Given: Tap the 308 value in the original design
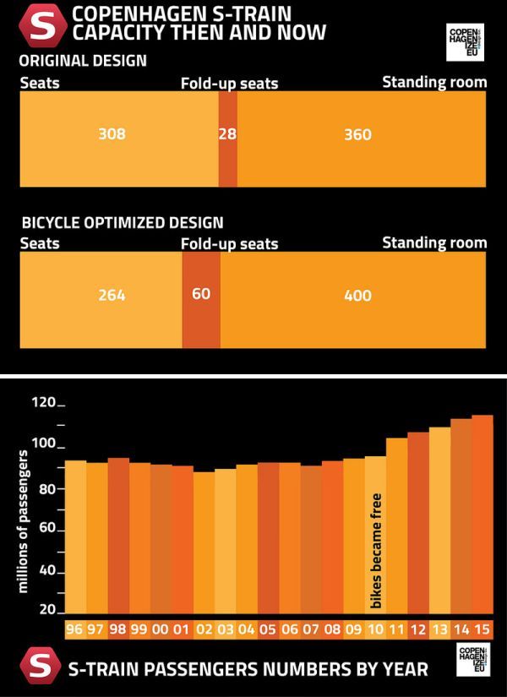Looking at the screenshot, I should (112, 134).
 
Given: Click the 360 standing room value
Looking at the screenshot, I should (357, 134).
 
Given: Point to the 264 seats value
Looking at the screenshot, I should (112, 296).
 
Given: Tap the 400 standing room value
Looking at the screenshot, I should (357, 296).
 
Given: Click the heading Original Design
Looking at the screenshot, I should (83, 62).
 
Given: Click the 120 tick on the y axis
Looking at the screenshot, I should (43, 404).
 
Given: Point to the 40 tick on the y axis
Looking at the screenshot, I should (46, 572).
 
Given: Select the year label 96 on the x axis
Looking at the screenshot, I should (75, 630).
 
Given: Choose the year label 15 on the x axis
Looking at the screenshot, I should (482, 630).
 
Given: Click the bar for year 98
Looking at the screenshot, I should (118, 536).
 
